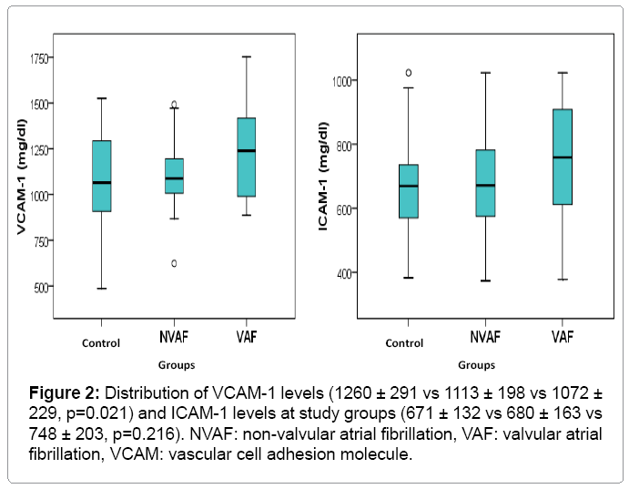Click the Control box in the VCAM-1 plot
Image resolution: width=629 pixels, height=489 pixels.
click(102, 176)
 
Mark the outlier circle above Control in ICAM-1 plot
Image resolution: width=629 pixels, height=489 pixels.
click(408, 72)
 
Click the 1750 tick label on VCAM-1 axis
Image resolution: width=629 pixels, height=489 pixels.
click(38, 58)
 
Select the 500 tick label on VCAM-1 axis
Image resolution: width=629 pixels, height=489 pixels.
click(41, 287)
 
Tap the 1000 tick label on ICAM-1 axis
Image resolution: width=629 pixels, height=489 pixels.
click(343, 82)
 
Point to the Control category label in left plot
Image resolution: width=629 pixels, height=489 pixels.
click(101, 343)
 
